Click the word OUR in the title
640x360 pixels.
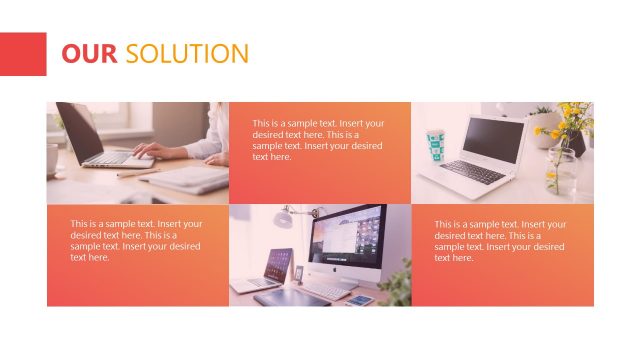point(89,54)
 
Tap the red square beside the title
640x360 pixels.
point(23,54)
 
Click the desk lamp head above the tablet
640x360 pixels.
point(285,213)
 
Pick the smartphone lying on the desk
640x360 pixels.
point(359,298)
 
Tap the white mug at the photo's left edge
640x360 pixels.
point(52,159)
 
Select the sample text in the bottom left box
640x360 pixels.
point(136,240)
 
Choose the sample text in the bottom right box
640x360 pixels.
point(500,240)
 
